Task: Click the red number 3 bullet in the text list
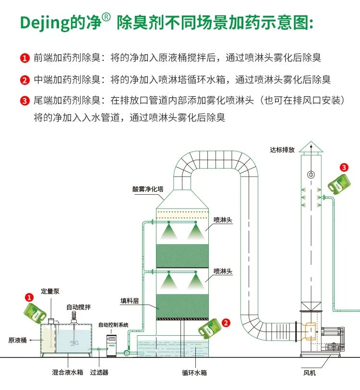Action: click(25, 101)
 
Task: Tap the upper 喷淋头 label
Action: click(223, 220)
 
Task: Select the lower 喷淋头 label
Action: click(223, 272)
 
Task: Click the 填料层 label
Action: click(129, 301)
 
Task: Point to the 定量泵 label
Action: click(50, 291)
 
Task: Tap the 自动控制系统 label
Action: click(113, 325)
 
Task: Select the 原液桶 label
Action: click(17, 340)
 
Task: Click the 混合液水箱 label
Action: click(68, 372)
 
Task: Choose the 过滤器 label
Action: click(99, 372)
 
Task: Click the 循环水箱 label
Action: click(194, 372)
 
